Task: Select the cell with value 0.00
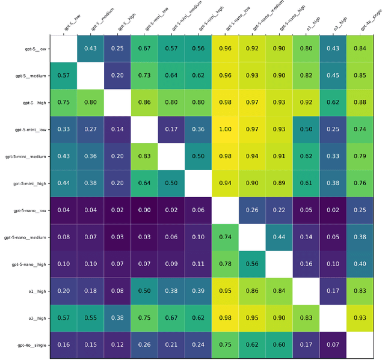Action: click(x=144, y=210)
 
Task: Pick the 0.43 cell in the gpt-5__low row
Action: click(x=90, y=48)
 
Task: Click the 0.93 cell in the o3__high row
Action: click(x=360, y=318)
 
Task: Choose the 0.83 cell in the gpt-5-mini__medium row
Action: click(x=144, y=156)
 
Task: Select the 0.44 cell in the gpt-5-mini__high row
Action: click(x=63, y=183)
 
